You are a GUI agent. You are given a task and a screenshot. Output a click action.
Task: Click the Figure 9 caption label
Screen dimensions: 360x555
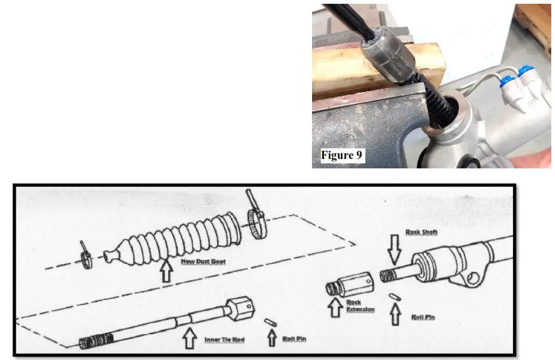pos(342,155)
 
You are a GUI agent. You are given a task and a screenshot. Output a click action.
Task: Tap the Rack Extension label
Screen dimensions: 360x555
pos(360,306)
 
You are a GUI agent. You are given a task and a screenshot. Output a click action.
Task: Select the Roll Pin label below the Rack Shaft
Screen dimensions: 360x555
pos(423,317)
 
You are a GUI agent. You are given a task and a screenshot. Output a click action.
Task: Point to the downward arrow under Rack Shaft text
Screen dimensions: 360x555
pos(394,250)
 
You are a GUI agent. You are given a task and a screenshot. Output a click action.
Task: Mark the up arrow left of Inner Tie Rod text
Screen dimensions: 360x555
pos(188,339)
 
